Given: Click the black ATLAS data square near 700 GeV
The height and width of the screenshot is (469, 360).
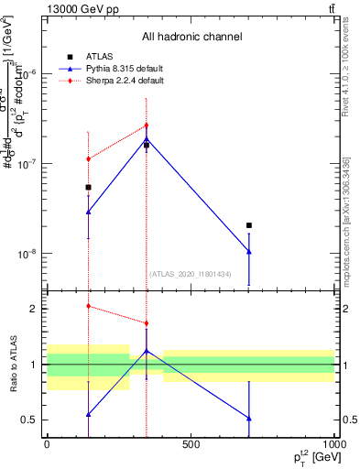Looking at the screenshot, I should (248, 225).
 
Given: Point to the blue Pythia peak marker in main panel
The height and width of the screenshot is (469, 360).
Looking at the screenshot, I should (146, 139).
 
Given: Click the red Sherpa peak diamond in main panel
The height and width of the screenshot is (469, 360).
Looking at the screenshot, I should (146, 125).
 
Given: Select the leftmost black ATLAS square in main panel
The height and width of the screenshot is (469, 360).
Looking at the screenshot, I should (88, 187).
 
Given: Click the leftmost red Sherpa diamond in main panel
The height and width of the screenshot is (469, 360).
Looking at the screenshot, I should (88, 158).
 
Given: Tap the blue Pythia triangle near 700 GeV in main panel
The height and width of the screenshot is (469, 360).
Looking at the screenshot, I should (248, 252).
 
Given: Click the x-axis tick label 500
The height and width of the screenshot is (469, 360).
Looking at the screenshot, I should (191, 443).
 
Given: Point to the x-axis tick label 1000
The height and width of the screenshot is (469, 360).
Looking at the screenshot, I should (332, 443).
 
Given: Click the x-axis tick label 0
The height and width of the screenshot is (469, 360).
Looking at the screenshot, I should (47, 443).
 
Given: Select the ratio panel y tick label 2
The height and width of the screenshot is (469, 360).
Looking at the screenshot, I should (32, 309).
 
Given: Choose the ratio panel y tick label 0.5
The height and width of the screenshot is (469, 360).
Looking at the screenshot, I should (28, 420).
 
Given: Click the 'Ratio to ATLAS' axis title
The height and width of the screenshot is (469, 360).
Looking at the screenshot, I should (12, 365).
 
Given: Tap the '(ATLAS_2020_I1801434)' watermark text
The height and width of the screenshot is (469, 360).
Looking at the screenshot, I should (190, 274).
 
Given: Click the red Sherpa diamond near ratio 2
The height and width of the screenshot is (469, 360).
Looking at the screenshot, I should (88, 306).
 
